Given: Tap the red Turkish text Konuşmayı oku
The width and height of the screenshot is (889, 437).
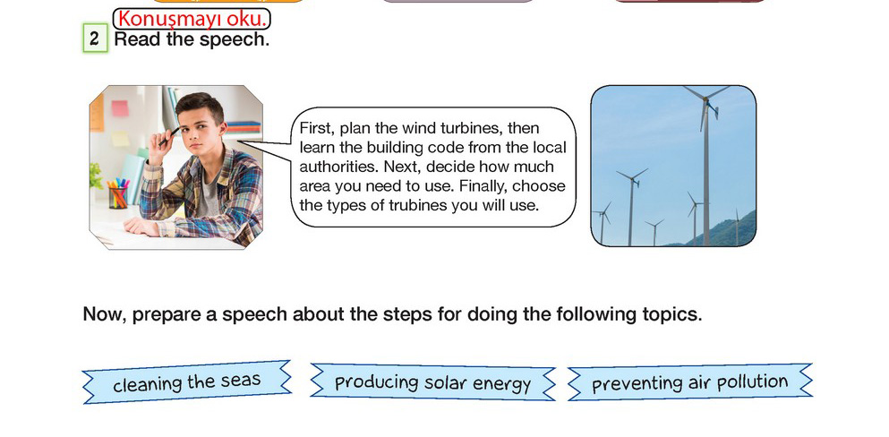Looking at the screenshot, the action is (x=192, y=20).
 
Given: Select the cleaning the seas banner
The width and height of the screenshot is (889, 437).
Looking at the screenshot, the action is (x=186, y=382).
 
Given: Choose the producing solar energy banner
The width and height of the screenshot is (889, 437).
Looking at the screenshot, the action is (x=432, y=382).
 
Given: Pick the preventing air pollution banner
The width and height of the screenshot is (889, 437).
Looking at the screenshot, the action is (x=689, y=382).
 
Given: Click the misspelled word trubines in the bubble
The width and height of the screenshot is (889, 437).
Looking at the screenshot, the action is (x=417, y=206).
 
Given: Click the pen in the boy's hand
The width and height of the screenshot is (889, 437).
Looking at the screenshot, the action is (x=168, y=137).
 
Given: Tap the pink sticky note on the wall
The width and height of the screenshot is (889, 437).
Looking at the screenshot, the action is (x=120, y=108).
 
